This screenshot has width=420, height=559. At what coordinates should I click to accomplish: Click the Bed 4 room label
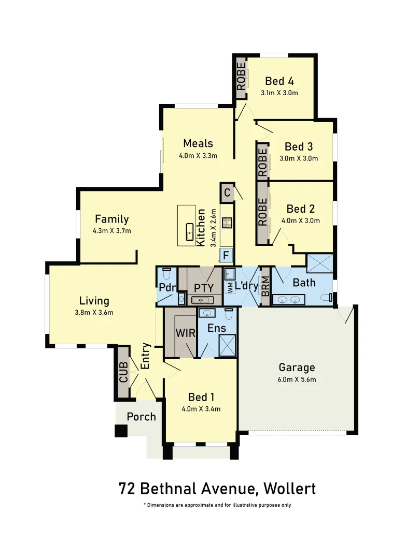point(279,81)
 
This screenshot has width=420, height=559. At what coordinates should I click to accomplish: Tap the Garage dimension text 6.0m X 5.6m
point(297,379)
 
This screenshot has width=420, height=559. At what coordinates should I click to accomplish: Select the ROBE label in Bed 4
point(241,77)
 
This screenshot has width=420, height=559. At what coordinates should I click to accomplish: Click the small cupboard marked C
point(227,193)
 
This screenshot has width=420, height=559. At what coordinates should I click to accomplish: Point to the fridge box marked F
point(226,255)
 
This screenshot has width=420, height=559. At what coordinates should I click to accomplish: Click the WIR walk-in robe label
point(186,333)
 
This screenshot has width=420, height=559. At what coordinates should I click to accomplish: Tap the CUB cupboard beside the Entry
point(123,372)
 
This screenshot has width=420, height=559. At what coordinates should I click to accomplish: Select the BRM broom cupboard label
point(265,287)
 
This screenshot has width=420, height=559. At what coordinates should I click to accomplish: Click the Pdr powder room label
point(166,288)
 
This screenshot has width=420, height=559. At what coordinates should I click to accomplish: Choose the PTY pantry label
point(204,288)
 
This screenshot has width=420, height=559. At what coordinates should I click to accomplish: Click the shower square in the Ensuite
point(227,346)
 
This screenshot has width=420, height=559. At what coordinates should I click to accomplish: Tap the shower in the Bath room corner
point(319,263)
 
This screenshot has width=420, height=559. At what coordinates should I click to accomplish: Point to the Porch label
point(141,417)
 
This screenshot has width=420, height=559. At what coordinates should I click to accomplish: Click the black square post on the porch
point(121,431)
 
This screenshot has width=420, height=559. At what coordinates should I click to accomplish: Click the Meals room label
point(198,143)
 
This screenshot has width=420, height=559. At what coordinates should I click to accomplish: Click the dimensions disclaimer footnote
point(221,505)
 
